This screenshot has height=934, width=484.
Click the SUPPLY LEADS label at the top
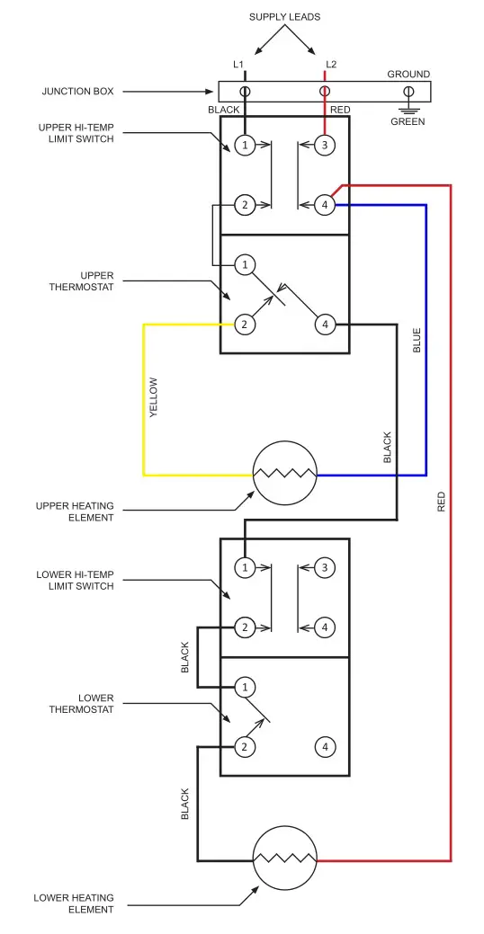click(284, 17)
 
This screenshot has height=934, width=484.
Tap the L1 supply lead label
click(238, 64)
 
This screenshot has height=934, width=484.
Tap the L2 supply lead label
click(331, 64)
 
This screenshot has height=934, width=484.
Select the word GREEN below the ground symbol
click(408, 121)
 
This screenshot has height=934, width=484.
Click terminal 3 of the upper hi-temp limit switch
click(325, 145)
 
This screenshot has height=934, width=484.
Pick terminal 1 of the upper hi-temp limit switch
click(244, 145)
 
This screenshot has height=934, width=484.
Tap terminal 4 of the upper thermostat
click(325, 325)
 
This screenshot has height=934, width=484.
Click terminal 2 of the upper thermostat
click(244, 325)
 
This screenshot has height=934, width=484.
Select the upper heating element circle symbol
click(285, 474)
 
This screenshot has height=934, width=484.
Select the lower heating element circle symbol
click(285, 859)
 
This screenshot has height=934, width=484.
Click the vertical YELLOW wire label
click(154, 397)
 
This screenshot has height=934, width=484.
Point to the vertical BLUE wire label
click(417, 339)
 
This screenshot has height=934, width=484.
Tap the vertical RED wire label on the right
click(441, 502)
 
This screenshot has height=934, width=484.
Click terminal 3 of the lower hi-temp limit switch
click(325, 567)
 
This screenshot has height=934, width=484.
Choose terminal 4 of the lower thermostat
click(325, 746)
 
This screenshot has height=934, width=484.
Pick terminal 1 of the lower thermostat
click(244, 687)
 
